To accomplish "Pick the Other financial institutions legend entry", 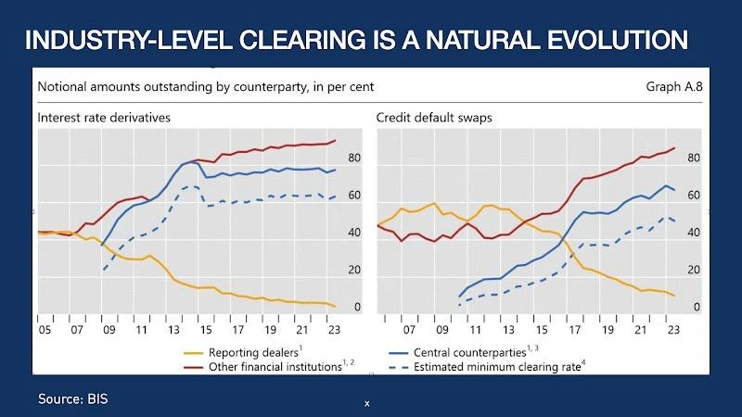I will point(275,367).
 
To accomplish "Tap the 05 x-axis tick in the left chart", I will point(44,328).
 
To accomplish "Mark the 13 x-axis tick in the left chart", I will point(173,328).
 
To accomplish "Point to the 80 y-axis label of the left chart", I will point(354,158).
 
